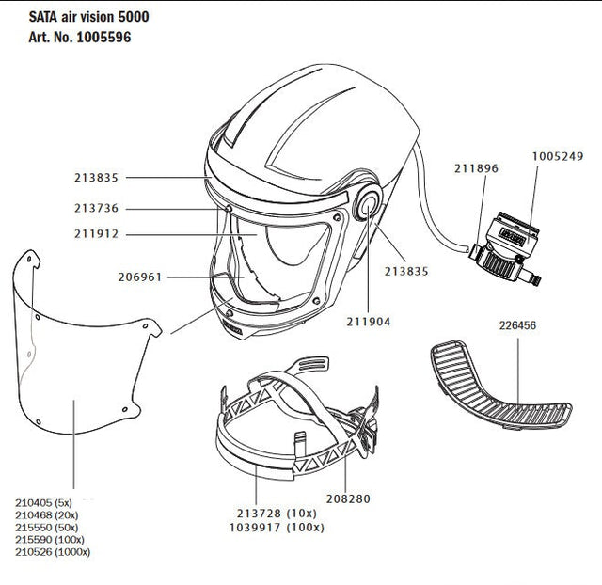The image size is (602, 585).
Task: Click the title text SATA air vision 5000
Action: point(88,17)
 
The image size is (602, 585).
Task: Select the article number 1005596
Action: point(103,38)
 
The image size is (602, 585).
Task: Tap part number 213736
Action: point(96,209)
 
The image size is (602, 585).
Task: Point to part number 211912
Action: point(96,234)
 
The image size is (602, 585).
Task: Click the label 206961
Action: point(140,277)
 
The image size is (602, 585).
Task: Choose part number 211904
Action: point(369,322)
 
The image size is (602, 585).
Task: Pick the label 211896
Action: point(476,168)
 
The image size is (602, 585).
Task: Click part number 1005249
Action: point(558,157)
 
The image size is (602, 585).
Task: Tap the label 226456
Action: point(517,325)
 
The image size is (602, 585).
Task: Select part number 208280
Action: point(348,499)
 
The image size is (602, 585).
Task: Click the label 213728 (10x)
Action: point(277,514)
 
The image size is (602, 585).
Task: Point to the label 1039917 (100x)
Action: point(277,528)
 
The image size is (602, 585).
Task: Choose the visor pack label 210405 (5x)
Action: point(43,502)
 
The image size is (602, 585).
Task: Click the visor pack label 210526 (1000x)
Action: point(53,552)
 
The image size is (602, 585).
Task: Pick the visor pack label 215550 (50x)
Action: point(46,527)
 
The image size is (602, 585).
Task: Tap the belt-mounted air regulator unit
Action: point(505,248)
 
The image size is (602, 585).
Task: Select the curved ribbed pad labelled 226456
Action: point(501,386)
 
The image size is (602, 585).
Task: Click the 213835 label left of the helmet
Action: point(96,178)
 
